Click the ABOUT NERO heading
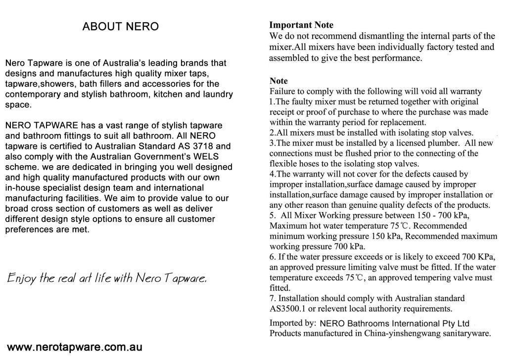coord(120,27)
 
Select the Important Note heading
coord(301,25)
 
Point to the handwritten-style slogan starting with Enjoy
coord(107,278)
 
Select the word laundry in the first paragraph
coord(216,94)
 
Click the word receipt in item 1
coord(282,112)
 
